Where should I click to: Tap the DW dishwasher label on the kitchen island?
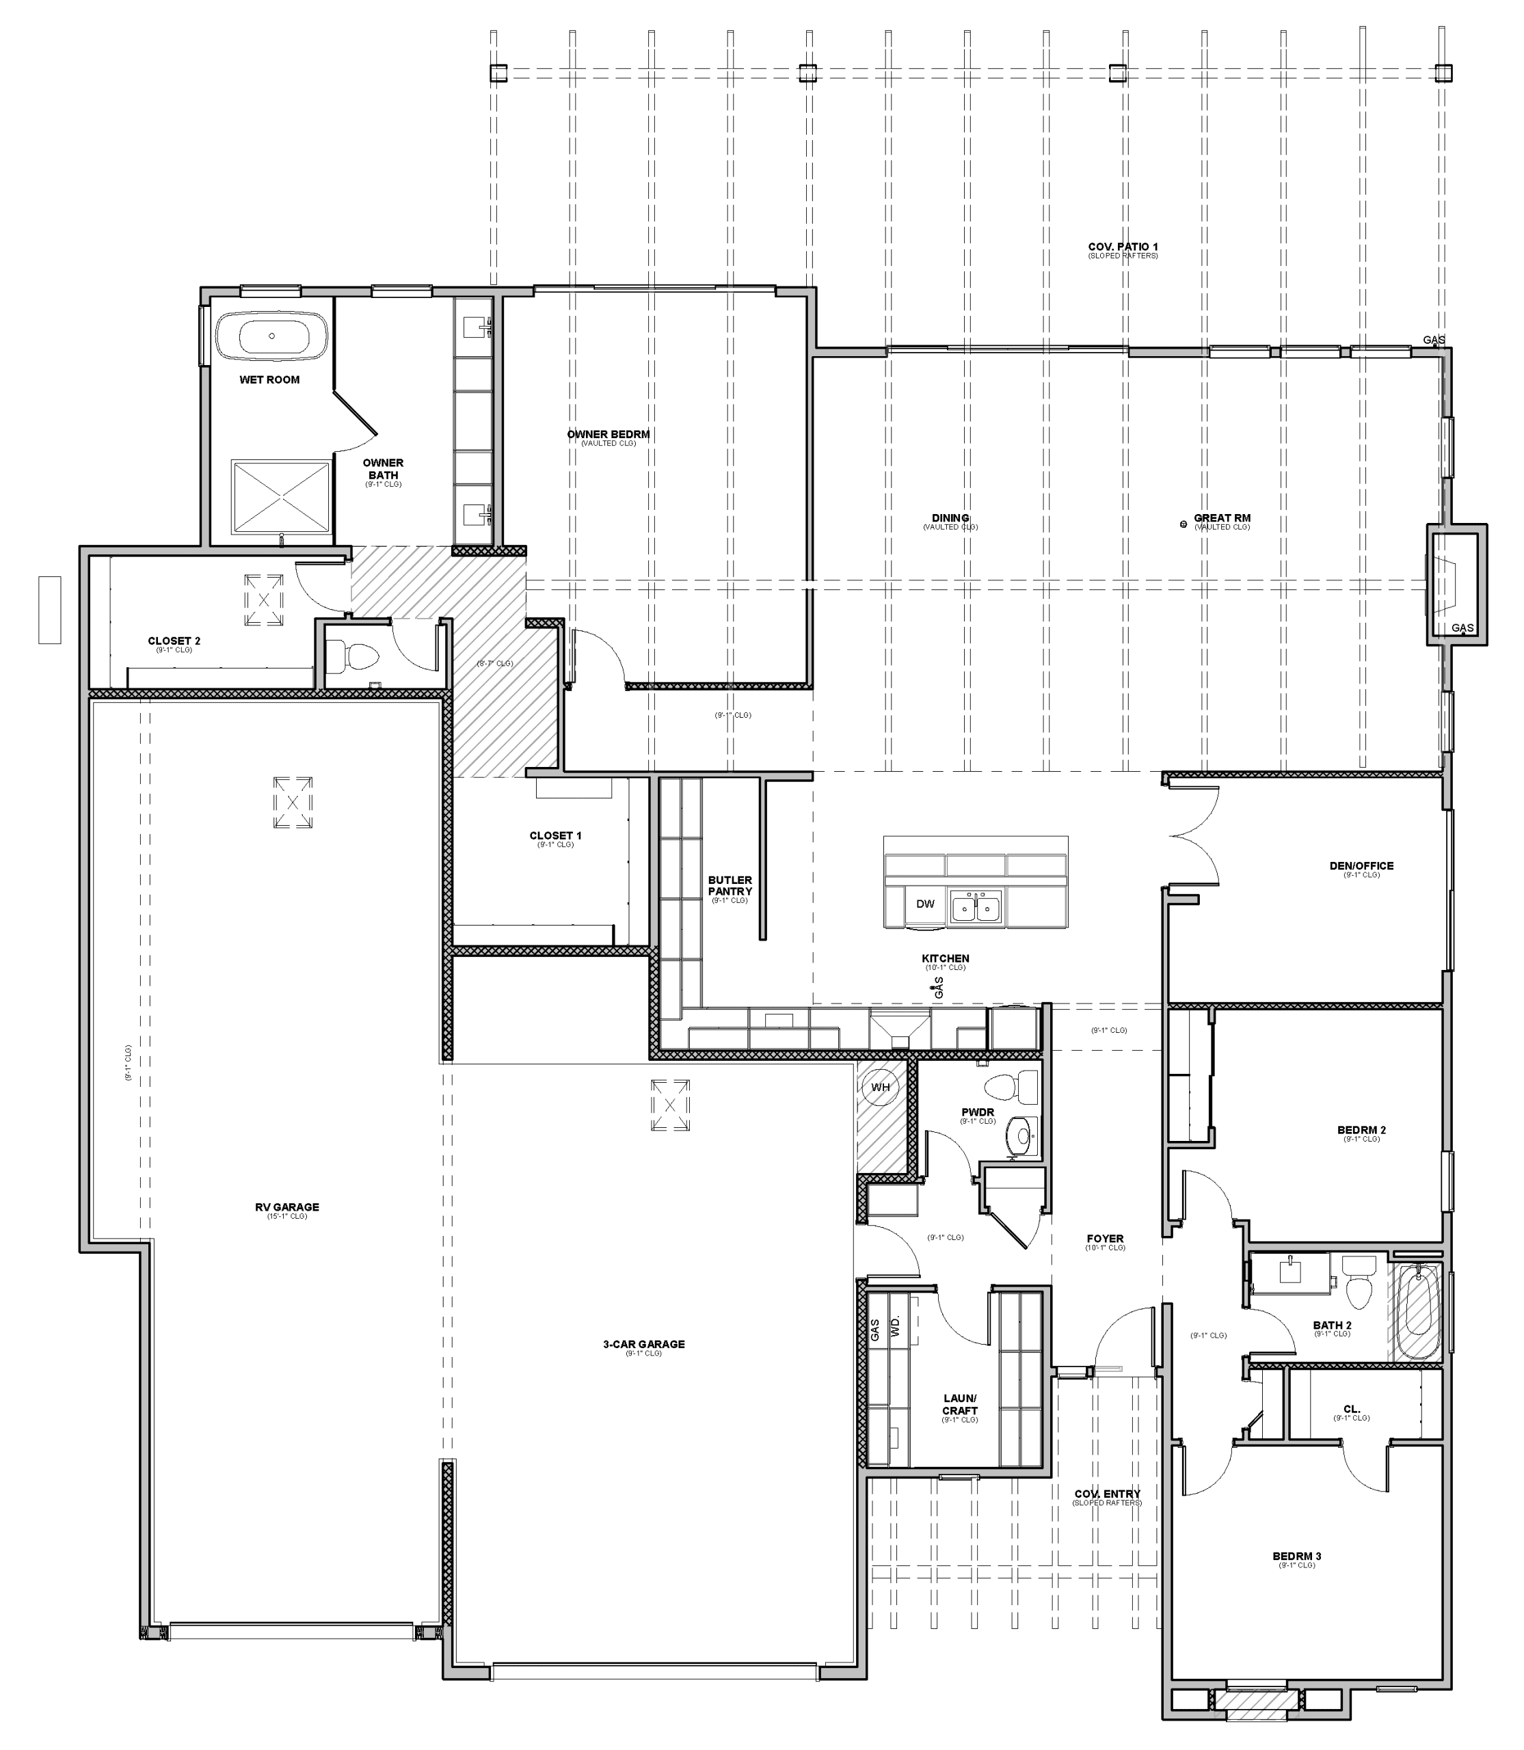pos(924,904)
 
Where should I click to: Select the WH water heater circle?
pos(880,1087)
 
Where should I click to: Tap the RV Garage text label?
pos(286,1207)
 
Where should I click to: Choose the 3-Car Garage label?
pos(644,1345)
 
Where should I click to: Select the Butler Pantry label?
pos(730,886)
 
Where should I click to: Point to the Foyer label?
pos(1105,1239)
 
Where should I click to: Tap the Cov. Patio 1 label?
pos(1123,247)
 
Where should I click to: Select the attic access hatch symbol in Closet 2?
pos(264,600)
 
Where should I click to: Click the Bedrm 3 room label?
pos(1296,1556)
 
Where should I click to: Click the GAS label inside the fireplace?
pos(1462,628)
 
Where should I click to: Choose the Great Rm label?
pos(1221,518)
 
